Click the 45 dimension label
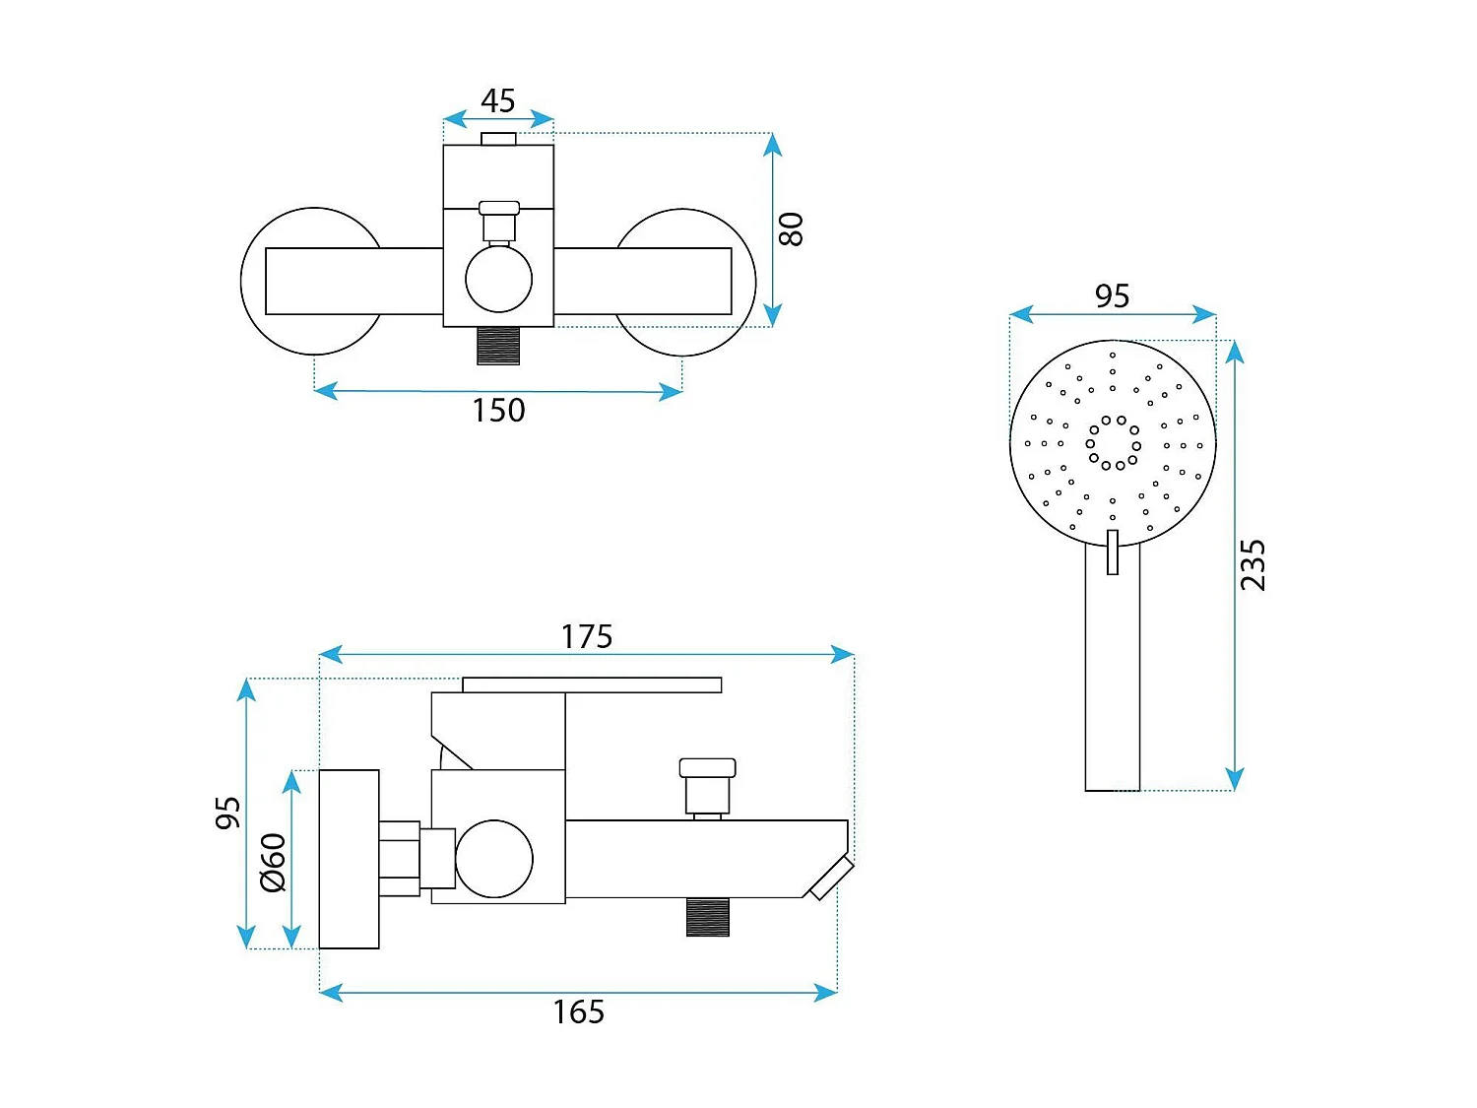click(498, 100)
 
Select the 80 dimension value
click(792, 229)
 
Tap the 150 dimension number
click(498, 410)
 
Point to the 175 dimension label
click(587, 636)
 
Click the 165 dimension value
click(579, 1011)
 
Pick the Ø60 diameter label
click(274, 863)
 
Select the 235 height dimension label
click(1252, 565)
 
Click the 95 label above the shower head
click(1112, 296)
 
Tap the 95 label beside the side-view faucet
click(228, 813)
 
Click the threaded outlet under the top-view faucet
click(498, 346)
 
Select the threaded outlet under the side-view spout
click(707, 917)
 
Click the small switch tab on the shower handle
click(1113, 552)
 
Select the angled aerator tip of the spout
click(832, 878)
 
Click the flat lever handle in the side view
click(592, 684)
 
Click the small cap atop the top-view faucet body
click(498, 139)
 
